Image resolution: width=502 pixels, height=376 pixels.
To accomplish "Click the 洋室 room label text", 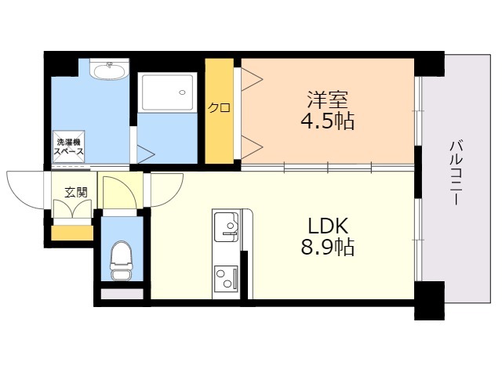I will (x=328, y=99).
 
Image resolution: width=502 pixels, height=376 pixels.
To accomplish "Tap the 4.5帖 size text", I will (x=328, y=121).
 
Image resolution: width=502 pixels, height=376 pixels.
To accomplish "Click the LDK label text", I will (x=328, y=226).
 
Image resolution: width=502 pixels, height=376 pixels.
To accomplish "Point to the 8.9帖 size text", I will (x=328, y=248).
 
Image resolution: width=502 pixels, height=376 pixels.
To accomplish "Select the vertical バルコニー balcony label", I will (x=455, y=172).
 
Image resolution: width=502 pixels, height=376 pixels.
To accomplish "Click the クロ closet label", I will (x=219, y=108).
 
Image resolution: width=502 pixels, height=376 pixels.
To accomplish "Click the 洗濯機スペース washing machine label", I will (x=69, y=147).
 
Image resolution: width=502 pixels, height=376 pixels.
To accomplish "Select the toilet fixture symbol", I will (x=121, y=258).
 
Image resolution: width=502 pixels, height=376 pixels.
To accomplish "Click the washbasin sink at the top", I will (x=108, y=72).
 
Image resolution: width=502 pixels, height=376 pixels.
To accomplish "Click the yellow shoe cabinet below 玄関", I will (x=72, y=233).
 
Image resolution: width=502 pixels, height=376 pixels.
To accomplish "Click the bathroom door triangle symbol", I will (x=145, y=152).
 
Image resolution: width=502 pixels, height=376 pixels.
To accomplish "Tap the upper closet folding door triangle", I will (x=251, y=78).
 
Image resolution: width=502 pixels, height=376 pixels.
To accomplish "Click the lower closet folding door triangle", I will (x=251, y=144).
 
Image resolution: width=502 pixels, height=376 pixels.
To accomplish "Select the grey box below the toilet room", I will (x=123, y=295).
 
